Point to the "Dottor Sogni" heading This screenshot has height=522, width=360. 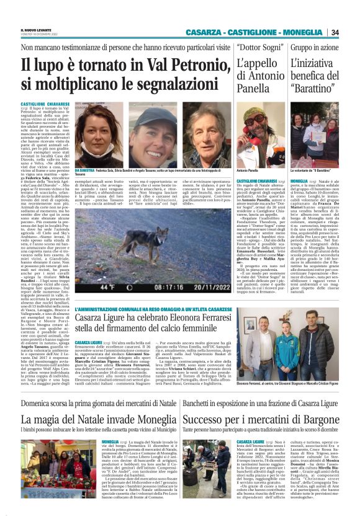pyautogui.click(x=258, y=47)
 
